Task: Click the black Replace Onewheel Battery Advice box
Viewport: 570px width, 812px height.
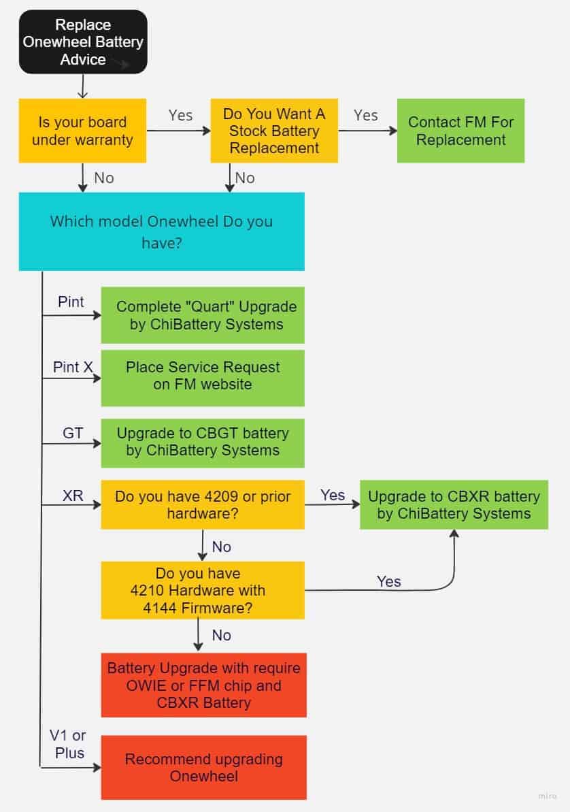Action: pyautogui.click(x=83, y=42)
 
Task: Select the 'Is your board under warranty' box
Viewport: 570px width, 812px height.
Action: pyautogui.click(x=82, y=131)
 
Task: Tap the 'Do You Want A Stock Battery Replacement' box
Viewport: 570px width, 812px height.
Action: pyautogui.click(x=274, y=131)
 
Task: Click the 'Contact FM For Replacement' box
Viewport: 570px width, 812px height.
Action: pyautogui.click(x=460, y=131)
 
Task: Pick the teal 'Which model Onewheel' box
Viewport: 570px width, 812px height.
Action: pyautogui.click(x=161, y=231)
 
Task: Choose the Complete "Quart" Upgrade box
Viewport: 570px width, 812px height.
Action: pyautogui.click(x=203, y=315)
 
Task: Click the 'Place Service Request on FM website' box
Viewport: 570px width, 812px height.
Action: pyautogui.click(x=203, y=376)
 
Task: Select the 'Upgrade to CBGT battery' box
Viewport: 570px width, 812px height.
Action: pyautogui.click(x=203, y=442)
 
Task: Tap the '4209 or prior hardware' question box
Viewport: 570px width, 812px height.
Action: pyautogui.click(x=203, y=504)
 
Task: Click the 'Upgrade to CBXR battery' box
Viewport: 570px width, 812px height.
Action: pyautogui.click(x=454, y=504)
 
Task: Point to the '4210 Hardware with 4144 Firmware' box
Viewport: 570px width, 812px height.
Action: pyautogui.click(x=203, y=589)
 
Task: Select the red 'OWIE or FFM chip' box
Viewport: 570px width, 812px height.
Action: pyautogui.click(x=203, y=685)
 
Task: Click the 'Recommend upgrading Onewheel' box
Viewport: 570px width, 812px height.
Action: pyautogui.click(x=203, y=767)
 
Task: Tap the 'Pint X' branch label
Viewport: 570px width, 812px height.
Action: pyautogui.click(x=73, y=368)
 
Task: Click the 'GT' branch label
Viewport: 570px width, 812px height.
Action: pyautogui.click(x=73, y=433)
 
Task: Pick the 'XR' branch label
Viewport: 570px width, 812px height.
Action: pyautogui.click(x=73, y=496)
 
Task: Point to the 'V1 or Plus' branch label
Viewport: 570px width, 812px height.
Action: pyautogui.click(x=67, y=744)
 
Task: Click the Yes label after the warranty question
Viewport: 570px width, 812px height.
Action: pyautogui.click(x=180, y=116)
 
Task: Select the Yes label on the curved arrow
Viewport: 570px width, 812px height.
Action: pyautogui.click(x=388, y=581)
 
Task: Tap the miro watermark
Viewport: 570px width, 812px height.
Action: pyautogui.click(x=547, y=796)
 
